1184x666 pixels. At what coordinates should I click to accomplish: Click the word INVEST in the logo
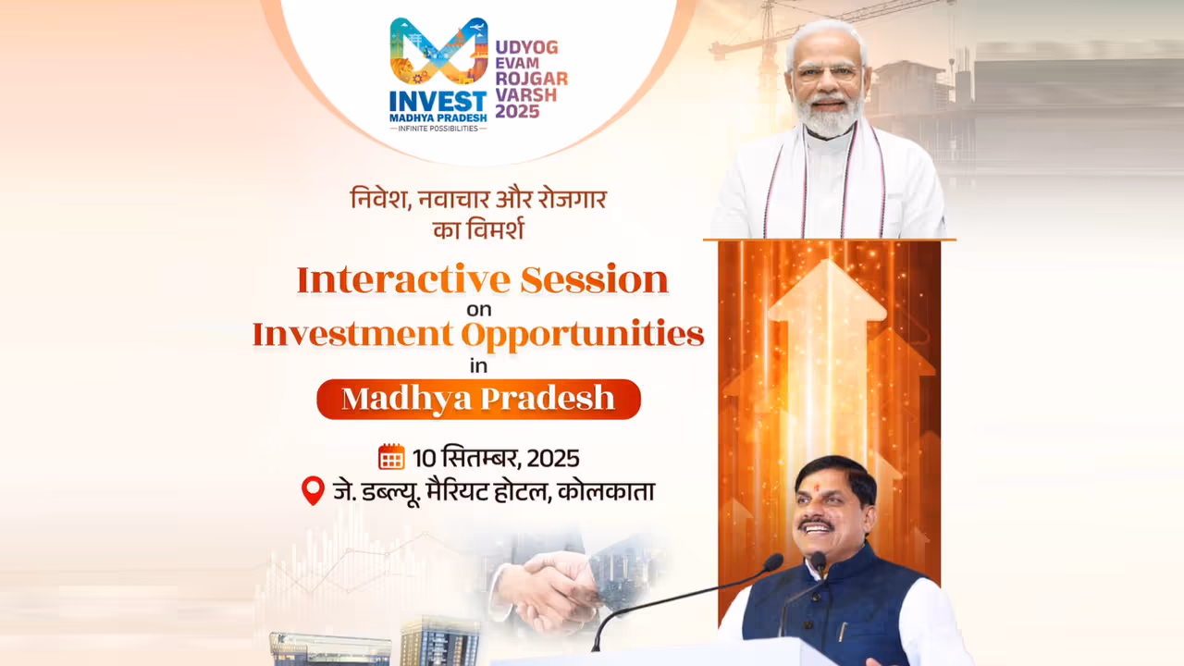pos(438,100)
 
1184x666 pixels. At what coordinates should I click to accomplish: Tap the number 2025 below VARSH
pos(518,111)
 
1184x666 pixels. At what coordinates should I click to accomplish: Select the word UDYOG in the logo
pos(526,46)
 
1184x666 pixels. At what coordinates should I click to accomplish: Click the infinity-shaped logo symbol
pos(438,52)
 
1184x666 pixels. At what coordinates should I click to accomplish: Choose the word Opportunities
pos(583,334)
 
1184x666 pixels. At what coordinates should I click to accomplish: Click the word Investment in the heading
pos(353,334)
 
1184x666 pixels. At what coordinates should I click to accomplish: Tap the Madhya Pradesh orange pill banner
pos(478,399)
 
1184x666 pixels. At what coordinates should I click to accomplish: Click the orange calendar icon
pos(391,457)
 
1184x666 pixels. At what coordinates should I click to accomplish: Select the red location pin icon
pos(314,490)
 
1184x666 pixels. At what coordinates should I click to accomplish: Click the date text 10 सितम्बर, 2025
pos(496,458)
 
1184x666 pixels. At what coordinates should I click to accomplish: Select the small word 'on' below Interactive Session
pos(478,309)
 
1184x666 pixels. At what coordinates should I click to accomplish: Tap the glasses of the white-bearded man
pos(825,72)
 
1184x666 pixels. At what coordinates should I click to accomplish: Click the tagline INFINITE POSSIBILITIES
pos(438,128)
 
